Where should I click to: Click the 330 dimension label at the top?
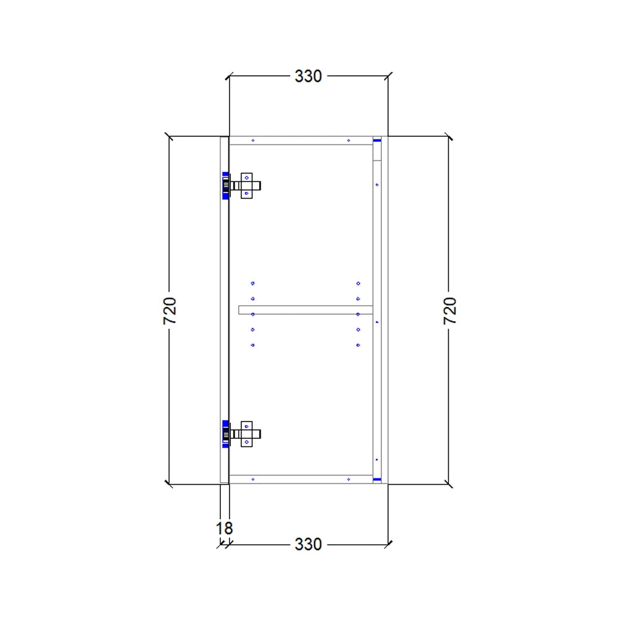click(308, 76)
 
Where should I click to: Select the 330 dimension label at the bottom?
click(308, 544)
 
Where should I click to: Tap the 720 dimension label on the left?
click(170, 311)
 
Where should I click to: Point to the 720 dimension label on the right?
click(450, 311)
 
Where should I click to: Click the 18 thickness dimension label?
click(224, 529)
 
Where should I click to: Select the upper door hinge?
click(243, 185)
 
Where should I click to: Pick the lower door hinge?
click(243, 433)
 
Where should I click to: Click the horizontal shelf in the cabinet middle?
click(306, 309)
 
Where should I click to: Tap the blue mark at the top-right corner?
click(376, 141)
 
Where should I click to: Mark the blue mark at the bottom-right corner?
click(376, 479)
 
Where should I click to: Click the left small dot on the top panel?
click(253, 141)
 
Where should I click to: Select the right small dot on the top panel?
click(348, 141)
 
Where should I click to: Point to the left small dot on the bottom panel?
click(253, 479)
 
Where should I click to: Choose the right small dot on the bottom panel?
click(348, 479)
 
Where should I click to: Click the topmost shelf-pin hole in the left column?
click(253, 284)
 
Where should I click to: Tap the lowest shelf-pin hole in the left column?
click(253, 345)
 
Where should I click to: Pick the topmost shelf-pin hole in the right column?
click(358, 284)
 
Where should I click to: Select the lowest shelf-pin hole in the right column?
click(358, 345)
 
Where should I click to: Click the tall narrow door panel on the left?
click(225, 309)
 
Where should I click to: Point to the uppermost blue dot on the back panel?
click(377, 184)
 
